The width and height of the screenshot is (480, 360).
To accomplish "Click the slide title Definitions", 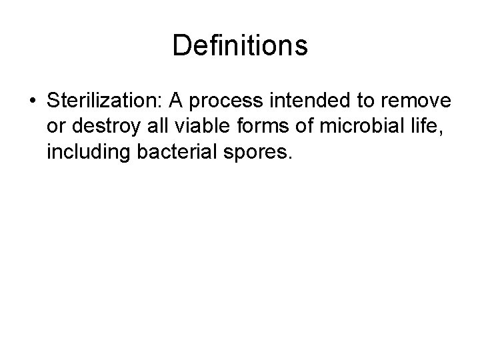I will [x=240, y=46].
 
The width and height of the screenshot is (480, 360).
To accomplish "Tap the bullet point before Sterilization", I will [x=32, y=102].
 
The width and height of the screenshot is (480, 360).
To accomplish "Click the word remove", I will [x=418, y=102].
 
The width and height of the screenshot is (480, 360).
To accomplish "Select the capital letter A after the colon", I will [x=177, y=101].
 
